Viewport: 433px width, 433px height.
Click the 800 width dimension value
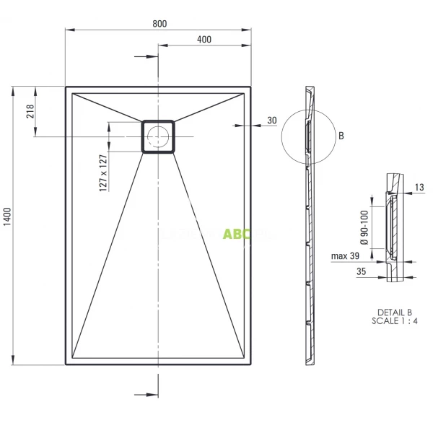tap(159, 24)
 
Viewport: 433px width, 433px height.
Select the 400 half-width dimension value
tap(204, 40)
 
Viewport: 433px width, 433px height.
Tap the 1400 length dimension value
tap(8, 216)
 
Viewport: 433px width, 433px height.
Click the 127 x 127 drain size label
tap(102, 173)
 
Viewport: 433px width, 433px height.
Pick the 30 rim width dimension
tap(271, 120)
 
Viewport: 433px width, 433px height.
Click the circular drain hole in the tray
tap(158, 136)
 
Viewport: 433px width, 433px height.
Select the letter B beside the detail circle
tap(341, 136)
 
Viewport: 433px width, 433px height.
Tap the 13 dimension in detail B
tap(420, 188)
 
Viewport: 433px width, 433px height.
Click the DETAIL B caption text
tap(394, 312)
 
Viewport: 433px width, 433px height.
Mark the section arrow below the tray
tap(146, 395)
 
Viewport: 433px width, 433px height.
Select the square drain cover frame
tap(158, 121)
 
